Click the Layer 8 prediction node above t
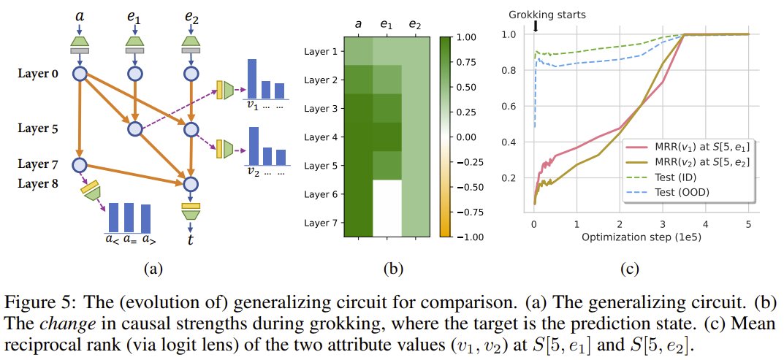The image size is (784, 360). [190, 183]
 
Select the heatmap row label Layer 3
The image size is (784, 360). [321, 108]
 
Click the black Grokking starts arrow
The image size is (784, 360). [536, 26]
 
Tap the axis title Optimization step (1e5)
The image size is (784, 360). [633, 238]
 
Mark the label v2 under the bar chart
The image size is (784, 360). [254, 172]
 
